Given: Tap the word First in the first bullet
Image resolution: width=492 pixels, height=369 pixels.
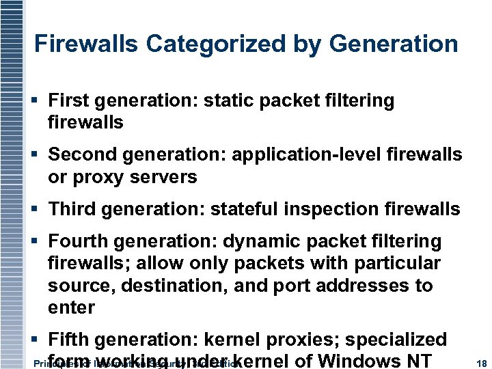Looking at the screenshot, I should click(67, 101).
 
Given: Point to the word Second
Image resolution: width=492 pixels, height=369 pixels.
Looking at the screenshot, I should click(77, 155).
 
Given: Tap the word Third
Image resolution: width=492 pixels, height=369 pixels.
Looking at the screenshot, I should click(70, 209).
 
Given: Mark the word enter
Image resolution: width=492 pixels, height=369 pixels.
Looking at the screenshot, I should click(71, 307).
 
